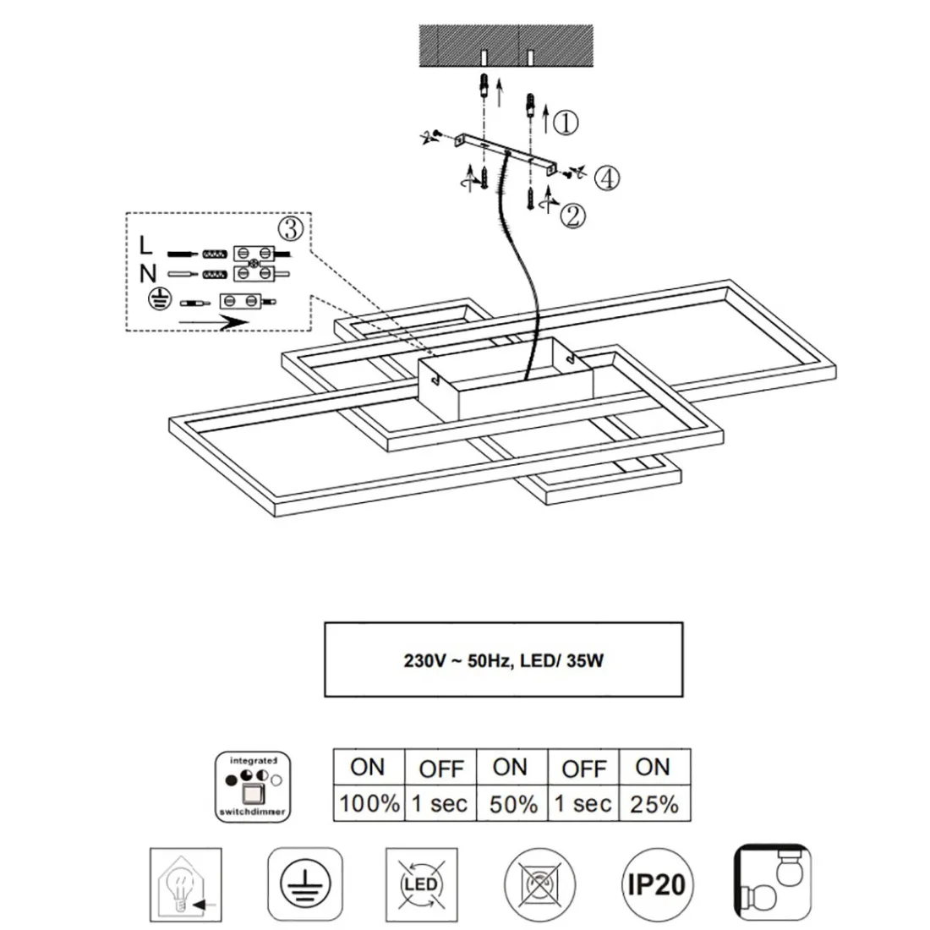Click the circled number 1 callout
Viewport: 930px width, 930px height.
[x=566, y=123]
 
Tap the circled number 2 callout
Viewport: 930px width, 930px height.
[x=572, y=216]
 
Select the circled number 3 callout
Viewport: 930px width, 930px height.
[x=290, y=227]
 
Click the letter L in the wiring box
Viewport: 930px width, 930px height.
[x=146, y=246]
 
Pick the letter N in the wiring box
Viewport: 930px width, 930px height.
[x=148, y=272]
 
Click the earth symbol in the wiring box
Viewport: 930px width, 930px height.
[x=156, y=298]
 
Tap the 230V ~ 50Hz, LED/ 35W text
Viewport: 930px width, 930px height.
[x=503, y=660]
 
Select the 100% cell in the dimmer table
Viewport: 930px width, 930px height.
[x=369, y=804]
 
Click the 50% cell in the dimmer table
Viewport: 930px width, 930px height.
[x=513, y=804]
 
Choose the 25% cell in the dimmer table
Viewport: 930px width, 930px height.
[x=654, y=804]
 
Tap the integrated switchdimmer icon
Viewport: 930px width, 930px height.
[x=254, y=785]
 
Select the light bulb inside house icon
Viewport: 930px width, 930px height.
[x=185, y=885]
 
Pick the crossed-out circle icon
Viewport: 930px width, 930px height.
[x=539, y=885]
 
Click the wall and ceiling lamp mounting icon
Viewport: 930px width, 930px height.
[x=774, y=885]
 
